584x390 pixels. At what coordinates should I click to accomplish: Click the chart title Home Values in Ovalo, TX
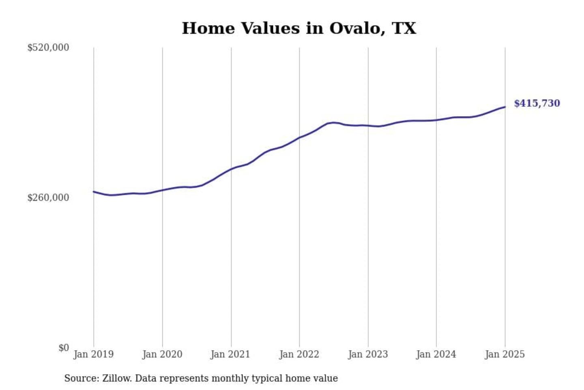(299, 28)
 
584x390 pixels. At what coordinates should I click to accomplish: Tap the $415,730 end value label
(537, 103)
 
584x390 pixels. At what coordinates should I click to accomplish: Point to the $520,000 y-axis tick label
(48, 48)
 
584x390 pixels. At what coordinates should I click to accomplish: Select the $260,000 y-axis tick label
(48, 197)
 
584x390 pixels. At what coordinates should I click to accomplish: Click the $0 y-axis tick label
(63, 348)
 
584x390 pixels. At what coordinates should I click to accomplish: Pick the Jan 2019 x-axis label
(93, 354)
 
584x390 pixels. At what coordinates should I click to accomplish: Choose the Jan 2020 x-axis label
(162, 354)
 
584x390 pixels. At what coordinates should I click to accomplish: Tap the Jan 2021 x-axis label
(230, 354)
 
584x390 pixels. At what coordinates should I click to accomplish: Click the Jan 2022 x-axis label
(299, 354)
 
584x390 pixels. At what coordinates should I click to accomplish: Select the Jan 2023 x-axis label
(368, 354)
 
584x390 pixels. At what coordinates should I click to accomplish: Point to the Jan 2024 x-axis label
(436, 354)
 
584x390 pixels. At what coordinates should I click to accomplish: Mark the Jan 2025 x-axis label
(505, 354)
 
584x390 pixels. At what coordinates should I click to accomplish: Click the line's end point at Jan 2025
(505, 107)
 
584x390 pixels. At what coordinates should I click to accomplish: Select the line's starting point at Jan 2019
(94, 192)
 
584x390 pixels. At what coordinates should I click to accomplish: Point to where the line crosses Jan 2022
(300, 138)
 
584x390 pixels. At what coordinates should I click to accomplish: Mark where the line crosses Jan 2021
(231, 169)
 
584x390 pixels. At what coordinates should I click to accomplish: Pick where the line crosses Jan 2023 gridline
(368, 126)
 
